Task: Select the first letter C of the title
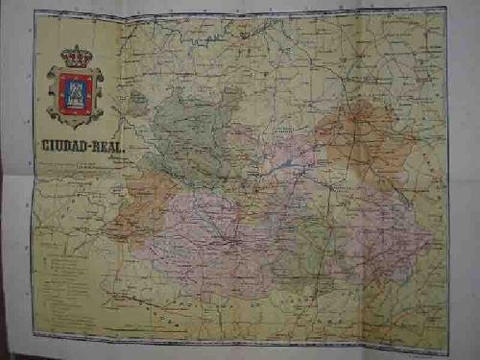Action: pyautogui.click(x=44, y=146)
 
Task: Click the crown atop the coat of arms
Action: pyautogui.click(x=75, y=57)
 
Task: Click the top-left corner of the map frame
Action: pyautogui.click(x=35, y=12)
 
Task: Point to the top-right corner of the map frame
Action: pyautogui.click(x=445, y=10)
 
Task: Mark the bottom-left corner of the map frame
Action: pyautogui.click(x=35, y=335)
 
